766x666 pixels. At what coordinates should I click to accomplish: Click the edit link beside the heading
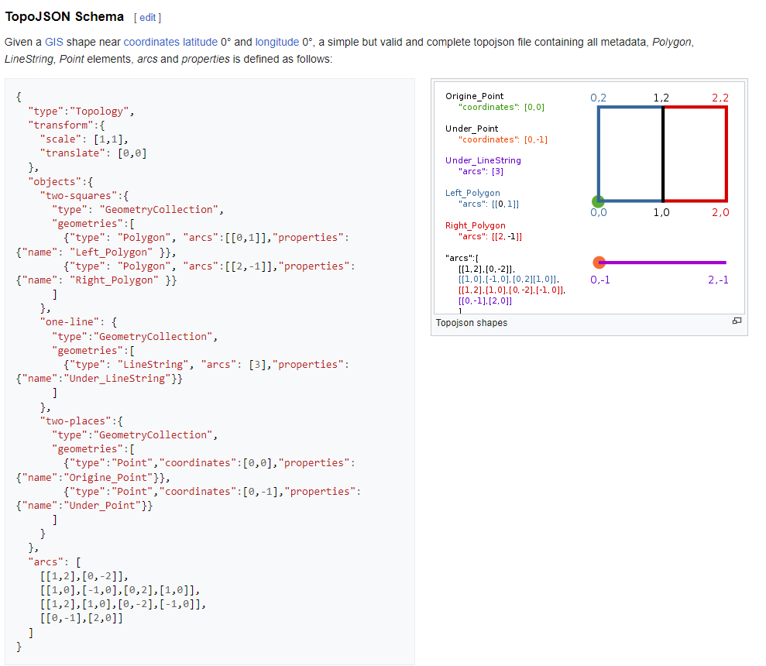[x=147, y=17]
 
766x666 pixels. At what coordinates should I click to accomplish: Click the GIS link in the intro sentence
[x=53, y=42]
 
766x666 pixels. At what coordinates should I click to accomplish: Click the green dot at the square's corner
[x=598, y=201]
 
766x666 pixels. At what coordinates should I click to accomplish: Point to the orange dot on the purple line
[x=598, y=263]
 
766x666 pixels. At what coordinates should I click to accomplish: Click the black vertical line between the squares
[x=663, y=155]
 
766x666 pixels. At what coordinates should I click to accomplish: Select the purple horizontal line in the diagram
[x=666, y=263]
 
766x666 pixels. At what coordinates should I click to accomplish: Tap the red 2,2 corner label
[x=720, y=98]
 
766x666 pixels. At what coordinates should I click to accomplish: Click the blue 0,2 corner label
[x=598, y=98]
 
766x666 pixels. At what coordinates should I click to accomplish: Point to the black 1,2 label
[x=661, y=98]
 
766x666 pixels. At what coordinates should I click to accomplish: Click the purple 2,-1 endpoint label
[x=718, y=280]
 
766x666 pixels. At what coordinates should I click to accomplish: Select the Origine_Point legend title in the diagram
[x=474, y=96]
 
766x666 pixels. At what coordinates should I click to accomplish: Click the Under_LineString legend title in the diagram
[x=483, y=160]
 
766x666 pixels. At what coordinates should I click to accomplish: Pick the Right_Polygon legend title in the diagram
[x=475, y=225]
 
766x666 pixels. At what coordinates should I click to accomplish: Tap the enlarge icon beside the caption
[x=737, y=321]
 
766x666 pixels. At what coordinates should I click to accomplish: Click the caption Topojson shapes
[x=471, y=322]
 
